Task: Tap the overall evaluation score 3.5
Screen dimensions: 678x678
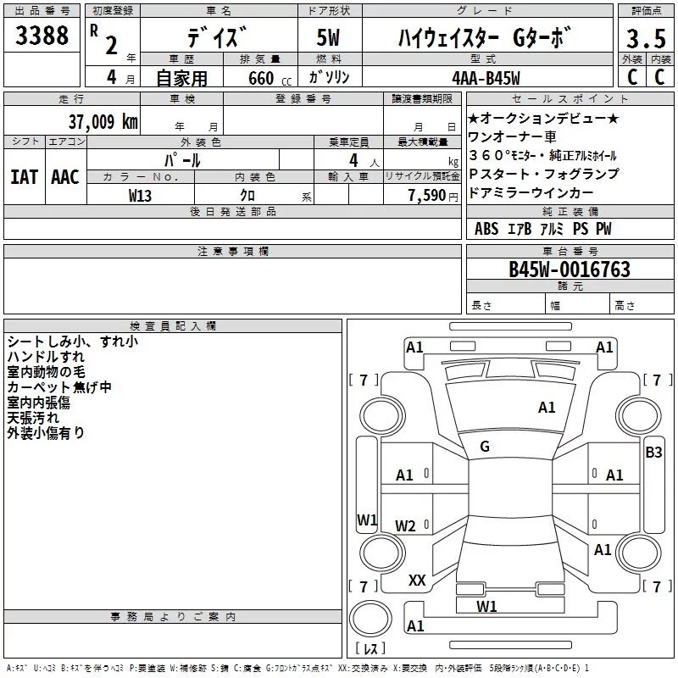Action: [646, 38]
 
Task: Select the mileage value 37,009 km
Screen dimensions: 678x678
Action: [102, 121]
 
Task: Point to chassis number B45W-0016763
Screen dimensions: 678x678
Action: [569, 270]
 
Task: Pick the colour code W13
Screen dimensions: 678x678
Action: [141, 195]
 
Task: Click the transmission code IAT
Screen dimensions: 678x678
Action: [24, 177]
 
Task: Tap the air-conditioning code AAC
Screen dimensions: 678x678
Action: [65, 177]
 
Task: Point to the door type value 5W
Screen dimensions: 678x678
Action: [330, 39]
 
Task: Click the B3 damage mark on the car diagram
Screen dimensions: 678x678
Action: [653, 452]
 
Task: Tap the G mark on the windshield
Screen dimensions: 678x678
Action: [485, 447]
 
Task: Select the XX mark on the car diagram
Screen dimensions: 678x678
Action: [417, 580]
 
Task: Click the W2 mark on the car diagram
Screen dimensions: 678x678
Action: [406, 526]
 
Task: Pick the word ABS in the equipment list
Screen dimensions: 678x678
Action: [486, 229]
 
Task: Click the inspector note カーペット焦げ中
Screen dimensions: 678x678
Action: [59, 386]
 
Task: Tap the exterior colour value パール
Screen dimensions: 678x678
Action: [182, 159]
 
